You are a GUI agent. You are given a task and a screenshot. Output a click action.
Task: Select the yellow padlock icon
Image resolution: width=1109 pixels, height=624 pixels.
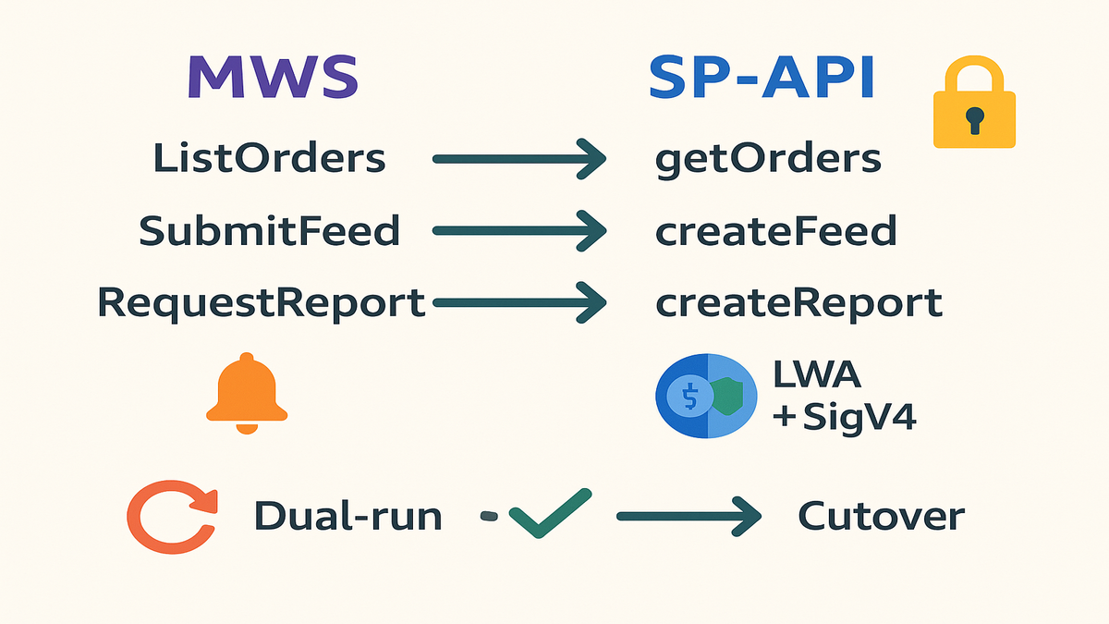973,104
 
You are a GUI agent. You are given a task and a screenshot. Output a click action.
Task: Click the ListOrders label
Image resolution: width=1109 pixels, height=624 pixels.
270,159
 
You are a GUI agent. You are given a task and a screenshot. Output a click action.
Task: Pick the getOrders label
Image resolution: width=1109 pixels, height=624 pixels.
768,159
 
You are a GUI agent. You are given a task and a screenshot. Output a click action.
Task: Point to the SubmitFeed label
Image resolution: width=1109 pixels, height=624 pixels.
270,230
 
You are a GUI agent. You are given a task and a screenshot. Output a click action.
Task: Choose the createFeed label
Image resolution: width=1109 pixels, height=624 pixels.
775,230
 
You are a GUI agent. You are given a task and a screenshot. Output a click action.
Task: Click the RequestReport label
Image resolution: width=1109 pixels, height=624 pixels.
262,302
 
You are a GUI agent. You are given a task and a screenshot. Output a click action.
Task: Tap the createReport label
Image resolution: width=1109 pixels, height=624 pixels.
798,302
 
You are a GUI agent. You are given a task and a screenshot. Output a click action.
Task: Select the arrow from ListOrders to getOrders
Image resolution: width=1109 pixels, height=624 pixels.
518,159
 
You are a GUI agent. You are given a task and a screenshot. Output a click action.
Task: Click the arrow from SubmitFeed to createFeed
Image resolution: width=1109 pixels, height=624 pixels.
518,230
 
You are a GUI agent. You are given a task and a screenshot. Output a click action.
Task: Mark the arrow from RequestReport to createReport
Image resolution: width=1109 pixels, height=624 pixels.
518,302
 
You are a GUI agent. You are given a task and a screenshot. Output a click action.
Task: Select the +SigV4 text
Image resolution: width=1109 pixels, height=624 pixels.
843,418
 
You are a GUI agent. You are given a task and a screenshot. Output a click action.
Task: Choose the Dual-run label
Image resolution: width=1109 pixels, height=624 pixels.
348,516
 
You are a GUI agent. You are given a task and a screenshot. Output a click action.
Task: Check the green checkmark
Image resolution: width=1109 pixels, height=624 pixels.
549,513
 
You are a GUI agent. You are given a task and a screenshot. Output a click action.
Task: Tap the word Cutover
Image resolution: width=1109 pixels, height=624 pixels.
881,516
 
